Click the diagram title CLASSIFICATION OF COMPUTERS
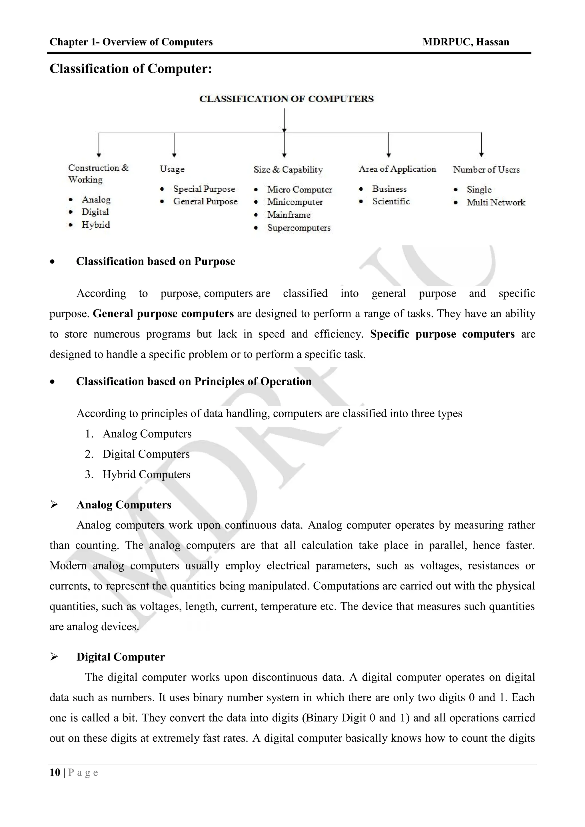point(287,99)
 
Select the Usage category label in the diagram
point(172,169)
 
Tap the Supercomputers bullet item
point(298,228)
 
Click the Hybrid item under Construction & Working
point(95,225)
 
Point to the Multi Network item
point(496,202)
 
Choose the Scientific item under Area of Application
point(391,201)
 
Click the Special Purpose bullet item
point(204,189)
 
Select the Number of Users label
point(486,169)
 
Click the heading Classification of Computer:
point(131,69)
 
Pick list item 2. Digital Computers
point(145,454)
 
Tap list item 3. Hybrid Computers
point(146,474)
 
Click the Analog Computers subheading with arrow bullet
point(124,505)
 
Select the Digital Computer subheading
point(120,657)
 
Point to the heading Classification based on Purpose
point(155,262)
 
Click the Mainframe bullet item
point(289,215)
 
